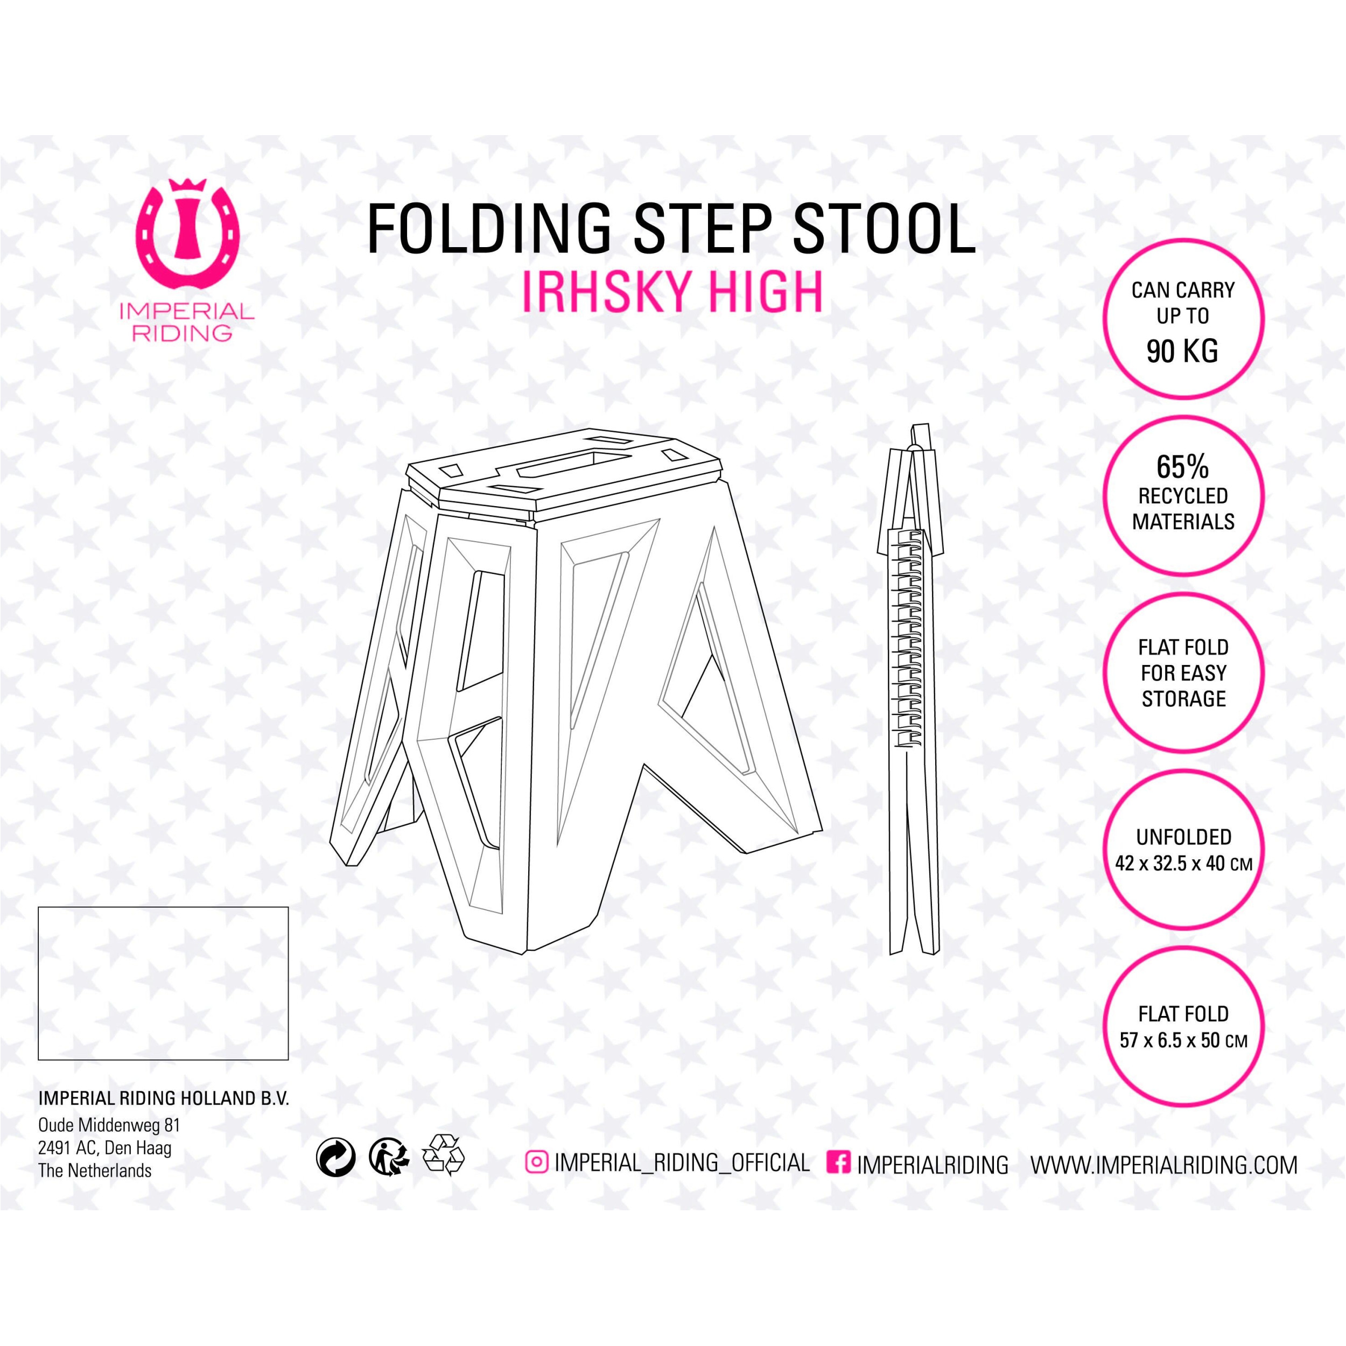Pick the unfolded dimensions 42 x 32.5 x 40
point(1183,864)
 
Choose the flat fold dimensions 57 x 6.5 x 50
point(1183,1041)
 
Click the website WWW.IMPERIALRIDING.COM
point(1164,1165)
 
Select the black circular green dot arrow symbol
point(336,1159)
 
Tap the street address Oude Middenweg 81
point(109,1125)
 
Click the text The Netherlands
point(95,1170)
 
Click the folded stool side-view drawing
point(914,690)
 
